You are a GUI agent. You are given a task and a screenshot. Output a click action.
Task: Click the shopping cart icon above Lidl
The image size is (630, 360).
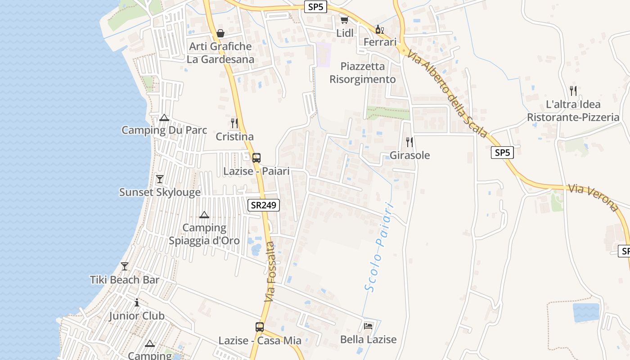(344, 20)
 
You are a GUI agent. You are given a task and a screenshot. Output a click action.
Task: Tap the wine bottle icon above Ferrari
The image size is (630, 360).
(380, 30)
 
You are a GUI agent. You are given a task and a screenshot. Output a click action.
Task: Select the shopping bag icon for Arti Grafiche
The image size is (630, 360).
(220, 33)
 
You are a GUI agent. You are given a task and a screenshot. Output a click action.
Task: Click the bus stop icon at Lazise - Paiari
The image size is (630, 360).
(256, 158)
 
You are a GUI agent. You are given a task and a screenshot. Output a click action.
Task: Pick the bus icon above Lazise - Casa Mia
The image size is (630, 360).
(260, 327)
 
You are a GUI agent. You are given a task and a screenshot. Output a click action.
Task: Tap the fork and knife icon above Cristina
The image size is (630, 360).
(234, 123)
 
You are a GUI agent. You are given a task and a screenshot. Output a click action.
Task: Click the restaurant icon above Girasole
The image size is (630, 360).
(409, 142)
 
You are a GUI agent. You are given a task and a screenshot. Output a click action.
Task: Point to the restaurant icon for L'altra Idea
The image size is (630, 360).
(573, 91)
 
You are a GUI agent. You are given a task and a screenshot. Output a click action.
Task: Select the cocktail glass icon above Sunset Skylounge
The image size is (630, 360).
(159, 179)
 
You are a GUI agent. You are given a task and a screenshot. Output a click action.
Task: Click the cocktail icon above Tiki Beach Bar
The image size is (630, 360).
(125, 266)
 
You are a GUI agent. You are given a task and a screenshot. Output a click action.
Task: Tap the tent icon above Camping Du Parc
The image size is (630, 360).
(164, 118)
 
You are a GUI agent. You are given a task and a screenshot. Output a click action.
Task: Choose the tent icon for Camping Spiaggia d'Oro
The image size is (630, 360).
(204, 215)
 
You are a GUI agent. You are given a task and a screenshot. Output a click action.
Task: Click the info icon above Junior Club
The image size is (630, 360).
(137, 302)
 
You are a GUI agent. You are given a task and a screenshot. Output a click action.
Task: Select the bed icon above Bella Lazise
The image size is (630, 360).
(368, 326)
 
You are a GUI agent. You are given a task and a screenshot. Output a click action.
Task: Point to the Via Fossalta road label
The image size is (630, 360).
(270, 272)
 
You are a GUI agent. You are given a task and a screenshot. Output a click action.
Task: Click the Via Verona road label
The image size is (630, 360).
(593, 197)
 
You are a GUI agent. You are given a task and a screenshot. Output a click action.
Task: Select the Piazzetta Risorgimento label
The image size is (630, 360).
(363, 73)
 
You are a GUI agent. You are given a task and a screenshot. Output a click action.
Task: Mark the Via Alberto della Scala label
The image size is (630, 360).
(448, 93)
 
